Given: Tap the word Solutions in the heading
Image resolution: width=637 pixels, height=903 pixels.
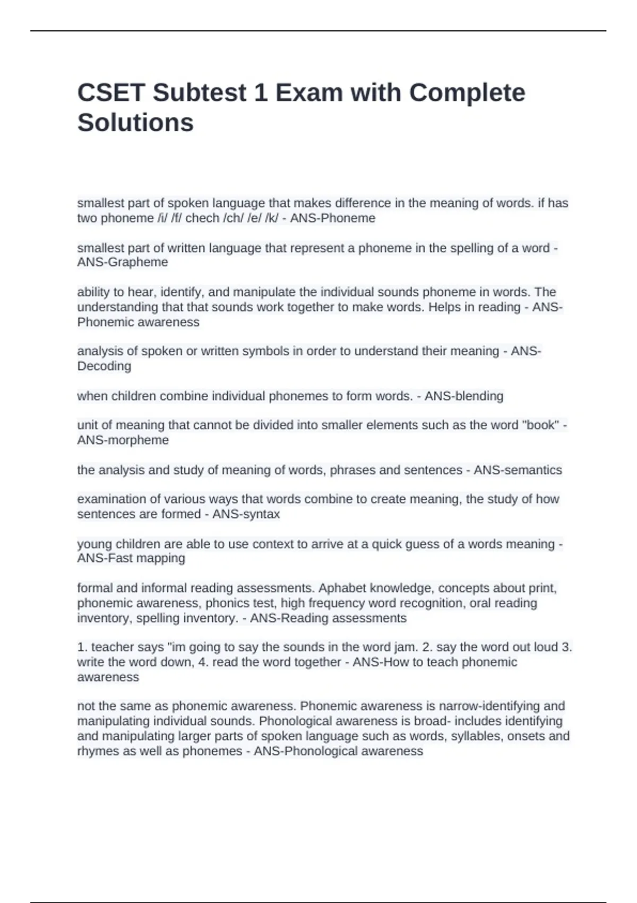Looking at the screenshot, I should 135,123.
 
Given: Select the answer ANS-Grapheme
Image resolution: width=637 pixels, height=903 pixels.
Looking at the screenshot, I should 123,262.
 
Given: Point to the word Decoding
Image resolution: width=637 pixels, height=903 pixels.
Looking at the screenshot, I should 104,367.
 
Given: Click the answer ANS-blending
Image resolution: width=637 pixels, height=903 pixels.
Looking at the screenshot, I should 464,396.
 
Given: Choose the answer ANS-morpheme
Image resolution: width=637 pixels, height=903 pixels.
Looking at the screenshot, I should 123,440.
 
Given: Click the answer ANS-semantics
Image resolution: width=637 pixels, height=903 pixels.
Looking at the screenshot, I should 518,470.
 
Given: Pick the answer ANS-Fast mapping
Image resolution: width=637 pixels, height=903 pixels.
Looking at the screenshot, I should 131,558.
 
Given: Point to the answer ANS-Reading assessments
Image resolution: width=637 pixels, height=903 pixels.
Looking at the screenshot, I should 328,618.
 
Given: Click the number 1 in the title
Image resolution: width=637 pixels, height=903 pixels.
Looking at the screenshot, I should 260,93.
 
